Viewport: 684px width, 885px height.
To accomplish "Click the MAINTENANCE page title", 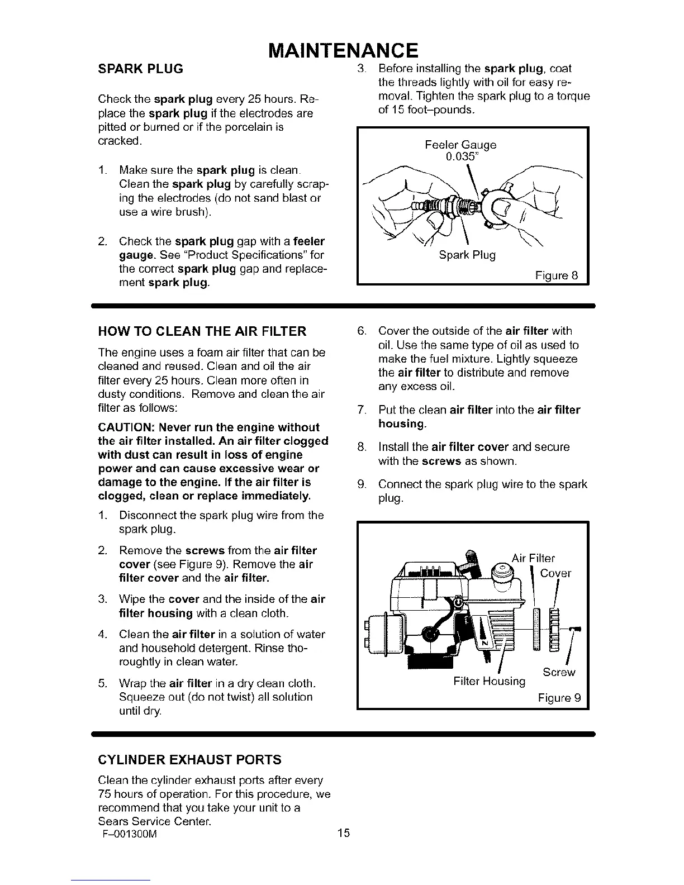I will point(343,50).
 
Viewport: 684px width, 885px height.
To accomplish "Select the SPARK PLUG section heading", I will point(140,69).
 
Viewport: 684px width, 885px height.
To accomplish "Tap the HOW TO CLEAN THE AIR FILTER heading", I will point(202,332).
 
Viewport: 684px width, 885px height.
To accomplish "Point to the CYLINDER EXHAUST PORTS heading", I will point(189,760).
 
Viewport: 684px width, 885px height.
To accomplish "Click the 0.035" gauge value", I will point(463,156).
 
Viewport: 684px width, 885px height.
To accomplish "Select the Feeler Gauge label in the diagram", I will point(460,145).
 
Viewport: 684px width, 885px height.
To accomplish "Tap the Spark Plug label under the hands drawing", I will point(467,255).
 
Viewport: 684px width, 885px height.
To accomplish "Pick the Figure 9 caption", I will point(559,698).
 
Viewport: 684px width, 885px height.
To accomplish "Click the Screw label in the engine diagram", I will point(559,672).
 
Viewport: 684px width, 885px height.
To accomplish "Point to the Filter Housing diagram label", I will point(490,682).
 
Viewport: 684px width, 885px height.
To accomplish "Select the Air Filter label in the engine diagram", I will point(533,558).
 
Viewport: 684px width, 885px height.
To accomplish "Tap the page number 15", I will point(343,834).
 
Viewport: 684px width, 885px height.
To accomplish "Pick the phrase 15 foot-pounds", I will point(426,110).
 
